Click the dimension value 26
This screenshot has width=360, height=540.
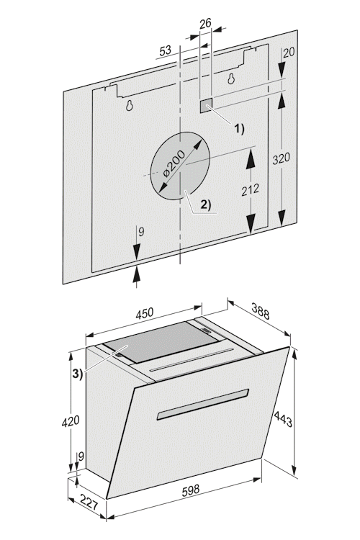(x=205, y=24)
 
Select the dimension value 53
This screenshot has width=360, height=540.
(x=166, y=50)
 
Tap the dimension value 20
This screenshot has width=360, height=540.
(x=289, y=53)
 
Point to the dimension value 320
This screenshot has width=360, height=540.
(x=281, y=159)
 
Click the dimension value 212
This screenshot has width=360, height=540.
(x=250, y=190)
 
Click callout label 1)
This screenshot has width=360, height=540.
(x=240, y=129)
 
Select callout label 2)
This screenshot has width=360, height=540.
(x=206, y=204)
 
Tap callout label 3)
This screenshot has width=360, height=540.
(x=78, y=374)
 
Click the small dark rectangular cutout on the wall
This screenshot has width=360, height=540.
(x=206, y=106)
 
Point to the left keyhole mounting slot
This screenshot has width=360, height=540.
(x=129, y=105)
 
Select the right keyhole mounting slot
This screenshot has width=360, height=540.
(x=231, y=79)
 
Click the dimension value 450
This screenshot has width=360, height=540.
(x=144, y=314)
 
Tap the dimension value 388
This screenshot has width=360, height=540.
(x=261, y=311)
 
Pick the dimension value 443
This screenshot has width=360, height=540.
(x=283, y=419)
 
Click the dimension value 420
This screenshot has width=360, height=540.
(x=71, y=421)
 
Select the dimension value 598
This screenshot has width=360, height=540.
(x=190, y=490)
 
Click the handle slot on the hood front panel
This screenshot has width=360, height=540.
(x=203, y=405)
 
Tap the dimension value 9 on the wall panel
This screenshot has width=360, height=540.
(x=141, y=232)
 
